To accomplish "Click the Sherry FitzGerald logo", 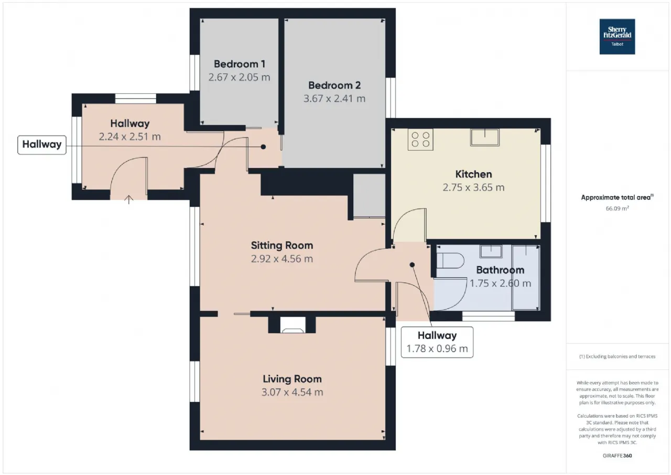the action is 617,37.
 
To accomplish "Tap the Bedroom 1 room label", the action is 240,64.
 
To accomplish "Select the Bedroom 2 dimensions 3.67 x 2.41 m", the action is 334,98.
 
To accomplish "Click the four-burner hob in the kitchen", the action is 420,140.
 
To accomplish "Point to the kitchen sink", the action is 485,138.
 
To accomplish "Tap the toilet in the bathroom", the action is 450,260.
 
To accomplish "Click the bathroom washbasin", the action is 491,251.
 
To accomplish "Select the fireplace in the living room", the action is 293,325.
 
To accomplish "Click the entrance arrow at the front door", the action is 129,199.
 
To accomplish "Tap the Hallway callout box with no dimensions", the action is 42,145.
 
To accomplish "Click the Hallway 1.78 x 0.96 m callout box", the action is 437,342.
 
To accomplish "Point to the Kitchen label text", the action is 473,174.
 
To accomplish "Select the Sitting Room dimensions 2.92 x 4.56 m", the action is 282,258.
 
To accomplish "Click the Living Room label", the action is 292,379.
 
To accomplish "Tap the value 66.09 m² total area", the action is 617,208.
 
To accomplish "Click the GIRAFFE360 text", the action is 617,456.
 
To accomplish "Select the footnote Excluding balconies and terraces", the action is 617,356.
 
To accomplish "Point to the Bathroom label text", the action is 500,270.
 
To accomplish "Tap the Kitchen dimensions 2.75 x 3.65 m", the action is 473,187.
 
